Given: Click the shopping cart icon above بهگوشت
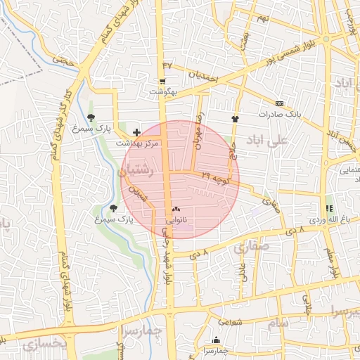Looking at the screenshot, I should tap(162, 82).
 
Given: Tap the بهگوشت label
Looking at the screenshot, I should tap(163, 92).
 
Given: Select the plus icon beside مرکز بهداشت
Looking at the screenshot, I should tap(136, 131).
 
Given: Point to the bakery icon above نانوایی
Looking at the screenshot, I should tap(175, 210).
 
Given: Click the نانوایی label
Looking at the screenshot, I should tap(176, 220).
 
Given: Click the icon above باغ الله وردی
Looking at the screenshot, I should tap(328, 208).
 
